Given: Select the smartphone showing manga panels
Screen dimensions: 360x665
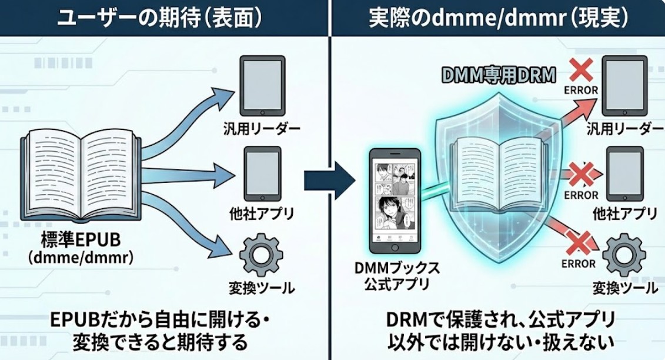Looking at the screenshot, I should [393, 200].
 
